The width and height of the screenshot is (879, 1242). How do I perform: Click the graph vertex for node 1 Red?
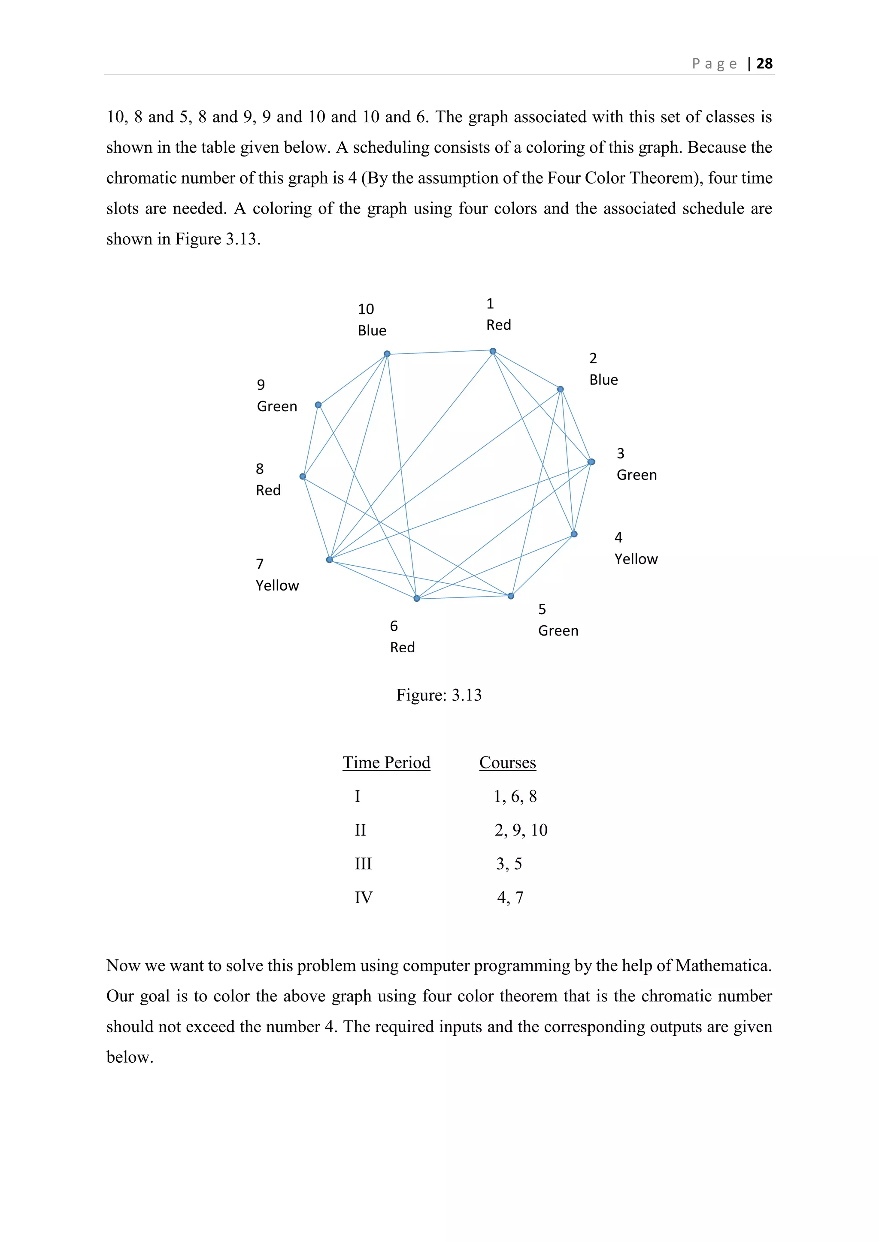[x=493, y=352]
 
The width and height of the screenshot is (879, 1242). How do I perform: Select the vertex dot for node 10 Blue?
[x=387, y=354]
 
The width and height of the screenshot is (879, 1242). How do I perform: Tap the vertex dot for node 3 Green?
[x=591, y=462]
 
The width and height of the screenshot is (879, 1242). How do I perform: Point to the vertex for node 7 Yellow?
[x=330, y=559]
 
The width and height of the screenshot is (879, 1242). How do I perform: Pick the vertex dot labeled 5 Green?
[x=511, y=596]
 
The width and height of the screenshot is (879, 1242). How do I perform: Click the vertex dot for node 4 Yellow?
[x=574, y=534]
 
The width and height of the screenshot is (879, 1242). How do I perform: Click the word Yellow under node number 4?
[x=636, y=559]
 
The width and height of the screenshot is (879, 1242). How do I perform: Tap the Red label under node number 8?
[x=268, y=491]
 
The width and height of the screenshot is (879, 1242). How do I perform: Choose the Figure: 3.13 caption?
[x=439, y=695]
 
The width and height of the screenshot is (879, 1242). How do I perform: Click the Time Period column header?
[x=386, y=763]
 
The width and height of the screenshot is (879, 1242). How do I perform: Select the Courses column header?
[x=508, y=763]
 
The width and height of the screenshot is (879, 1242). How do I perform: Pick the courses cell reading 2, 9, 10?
[x=521, y=830]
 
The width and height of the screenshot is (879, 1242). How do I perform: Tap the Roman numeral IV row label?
[x=363, y=898]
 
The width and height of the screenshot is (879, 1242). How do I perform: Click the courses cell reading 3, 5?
[x=509, y=864]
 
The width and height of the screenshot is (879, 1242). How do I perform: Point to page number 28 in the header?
[x=764, y=64]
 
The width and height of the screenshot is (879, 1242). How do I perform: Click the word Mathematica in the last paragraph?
[x=723, y=965]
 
